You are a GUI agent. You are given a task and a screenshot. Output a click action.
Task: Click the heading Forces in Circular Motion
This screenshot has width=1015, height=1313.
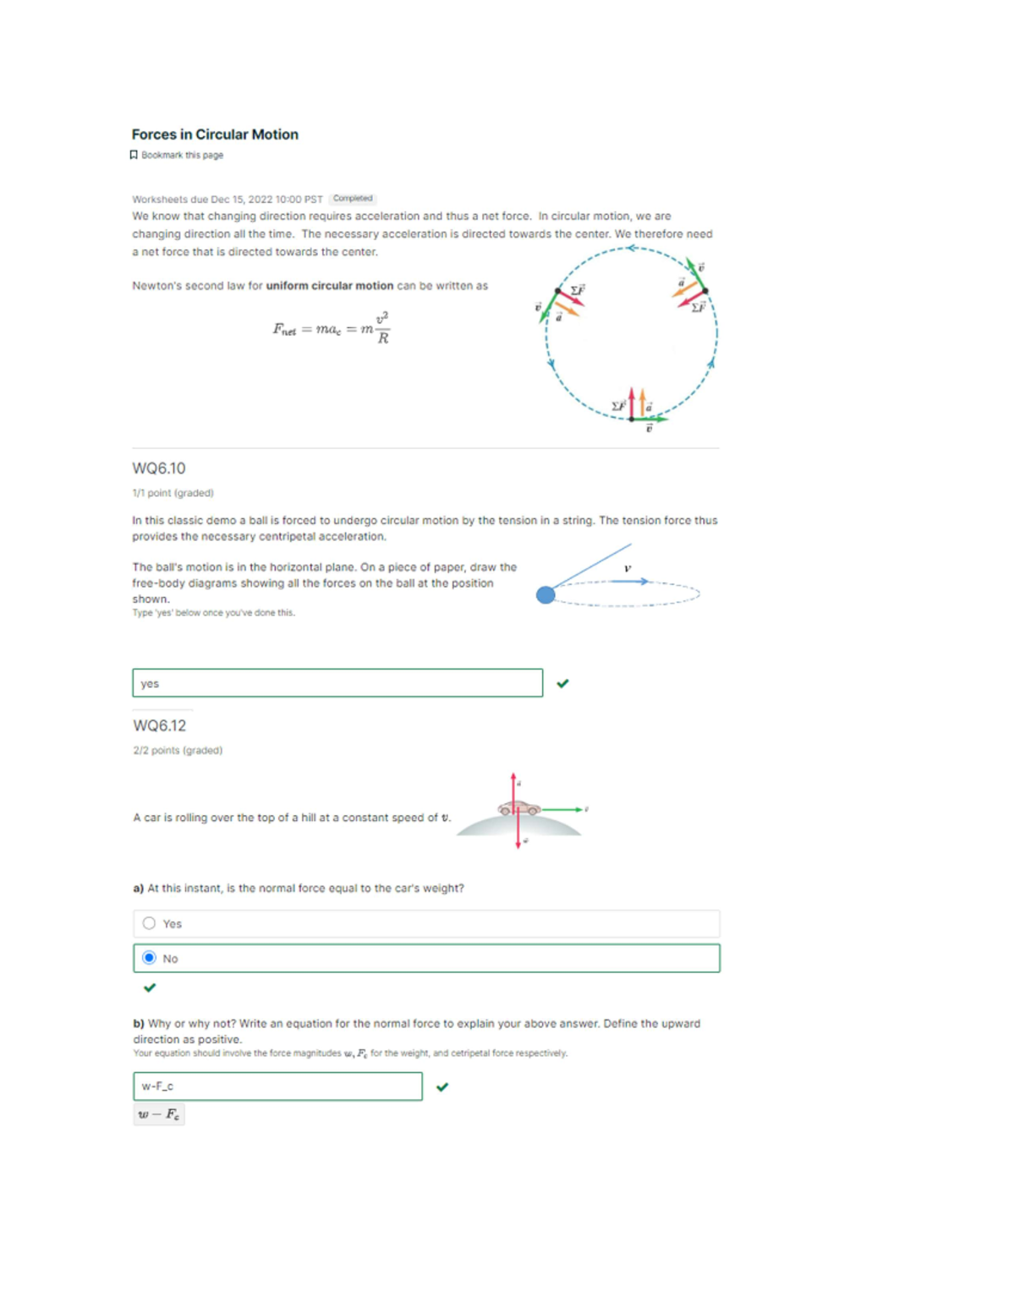pos(215,134)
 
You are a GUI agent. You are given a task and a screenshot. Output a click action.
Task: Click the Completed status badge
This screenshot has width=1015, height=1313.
pos(352,199)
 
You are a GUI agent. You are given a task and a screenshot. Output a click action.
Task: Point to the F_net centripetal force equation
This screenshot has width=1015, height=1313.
pos(331,328)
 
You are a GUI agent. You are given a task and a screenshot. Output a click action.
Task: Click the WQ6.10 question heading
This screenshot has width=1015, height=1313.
pos(159,468)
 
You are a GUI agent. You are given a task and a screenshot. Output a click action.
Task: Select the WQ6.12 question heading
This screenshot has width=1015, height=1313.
pos(160,725)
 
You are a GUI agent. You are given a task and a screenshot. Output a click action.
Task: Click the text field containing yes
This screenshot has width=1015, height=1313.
pos(337,683)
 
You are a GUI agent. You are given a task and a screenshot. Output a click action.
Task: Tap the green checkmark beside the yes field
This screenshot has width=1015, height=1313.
pos(562,683)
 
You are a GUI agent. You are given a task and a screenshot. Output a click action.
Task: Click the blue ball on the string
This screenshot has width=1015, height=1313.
pos(546,595)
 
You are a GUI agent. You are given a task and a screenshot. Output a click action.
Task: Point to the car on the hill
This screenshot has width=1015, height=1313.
pos(519,808)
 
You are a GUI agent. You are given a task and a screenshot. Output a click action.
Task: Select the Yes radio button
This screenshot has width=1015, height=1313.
pos(150,923)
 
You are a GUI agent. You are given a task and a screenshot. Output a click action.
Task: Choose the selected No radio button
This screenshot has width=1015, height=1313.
pos(150,958)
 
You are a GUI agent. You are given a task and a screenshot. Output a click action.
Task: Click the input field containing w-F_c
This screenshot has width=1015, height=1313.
pos(277,1086)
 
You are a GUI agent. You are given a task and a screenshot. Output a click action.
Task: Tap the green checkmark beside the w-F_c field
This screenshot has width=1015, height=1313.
pos(442,1087)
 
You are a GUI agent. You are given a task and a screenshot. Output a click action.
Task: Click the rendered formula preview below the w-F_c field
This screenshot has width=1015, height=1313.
pos(159,1114)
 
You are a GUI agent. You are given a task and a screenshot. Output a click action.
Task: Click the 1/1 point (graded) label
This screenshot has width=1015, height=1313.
pos(173,493)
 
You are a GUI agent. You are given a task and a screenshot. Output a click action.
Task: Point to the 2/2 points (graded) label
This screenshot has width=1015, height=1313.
pos(178,750)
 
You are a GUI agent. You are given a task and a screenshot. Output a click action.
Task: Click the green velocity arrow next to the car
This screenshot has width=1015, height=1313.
pos(562,810)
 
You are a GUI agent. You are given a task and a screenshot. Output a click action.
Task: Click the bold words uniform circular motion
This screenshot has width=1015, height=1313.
pos(329,286)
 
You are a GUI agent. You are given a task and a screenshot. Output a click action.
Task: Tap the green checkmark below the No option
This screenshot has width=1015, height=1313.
pos(150,987)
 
